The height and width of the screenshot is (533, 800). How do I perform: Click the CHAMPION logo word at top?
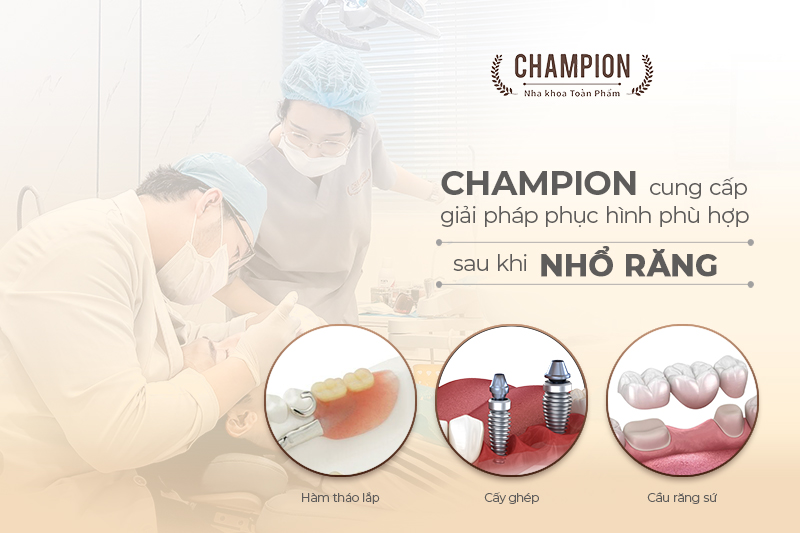coord(572,66)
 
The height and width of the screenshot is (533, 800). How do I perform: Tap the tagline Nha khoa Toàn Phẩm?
coord(572,93)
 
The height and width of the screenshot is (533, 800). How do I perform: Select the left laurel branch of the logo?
coord(501,75)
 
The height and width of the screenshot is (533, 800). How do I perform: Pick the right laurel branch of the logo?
coord(642,75)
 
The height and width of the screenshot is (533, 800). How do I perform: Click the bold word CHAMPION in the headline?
coord(539,183)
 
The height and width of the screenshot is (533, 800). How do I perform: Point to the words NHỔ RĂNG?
coord(629,265)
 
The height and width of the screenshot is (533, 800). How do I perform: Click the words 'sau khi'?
coord(490,264)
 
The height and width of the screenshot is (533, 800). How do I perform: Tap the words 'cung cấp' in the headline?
coord(698,188)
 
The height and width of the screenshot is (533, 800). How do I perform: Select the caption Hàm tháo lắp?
coord(340,497)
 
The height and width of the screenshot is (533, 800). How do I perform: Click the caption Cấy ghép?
coord(512,497)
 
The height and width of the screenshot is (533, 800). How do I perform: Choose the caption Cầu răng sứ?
coord(682,497)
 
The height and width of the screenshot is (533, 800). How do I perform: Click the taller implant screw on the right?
coord(556,397)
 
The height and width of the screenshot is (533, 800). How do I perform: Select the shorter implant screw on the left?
coord(499,414)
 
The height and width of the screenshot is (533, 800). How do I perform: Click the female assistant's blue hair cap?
coord(329,81)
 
